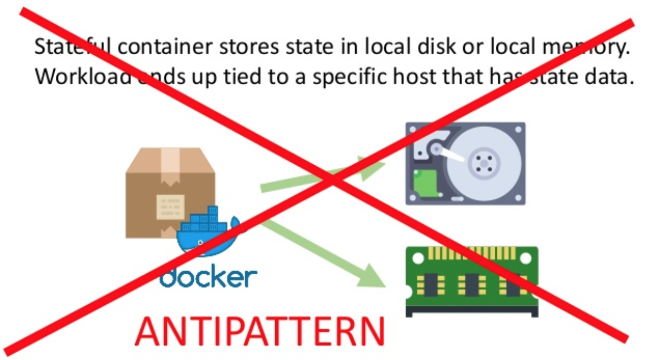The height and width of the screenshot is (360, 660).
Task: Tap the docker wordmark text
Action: [209, 276]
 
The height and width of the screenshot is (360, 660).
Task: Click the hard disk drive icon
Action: [465, 163]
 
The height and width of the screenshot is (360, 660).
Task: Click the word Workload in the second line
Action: [83, 77]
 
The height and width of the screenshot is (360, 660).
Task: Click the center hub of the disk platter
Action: [483, 162]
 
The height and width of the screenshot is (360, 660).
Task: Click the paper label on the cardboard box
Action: [170, 207]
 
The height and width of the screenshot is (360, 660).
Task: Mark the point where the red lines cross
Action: [331, 179]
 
